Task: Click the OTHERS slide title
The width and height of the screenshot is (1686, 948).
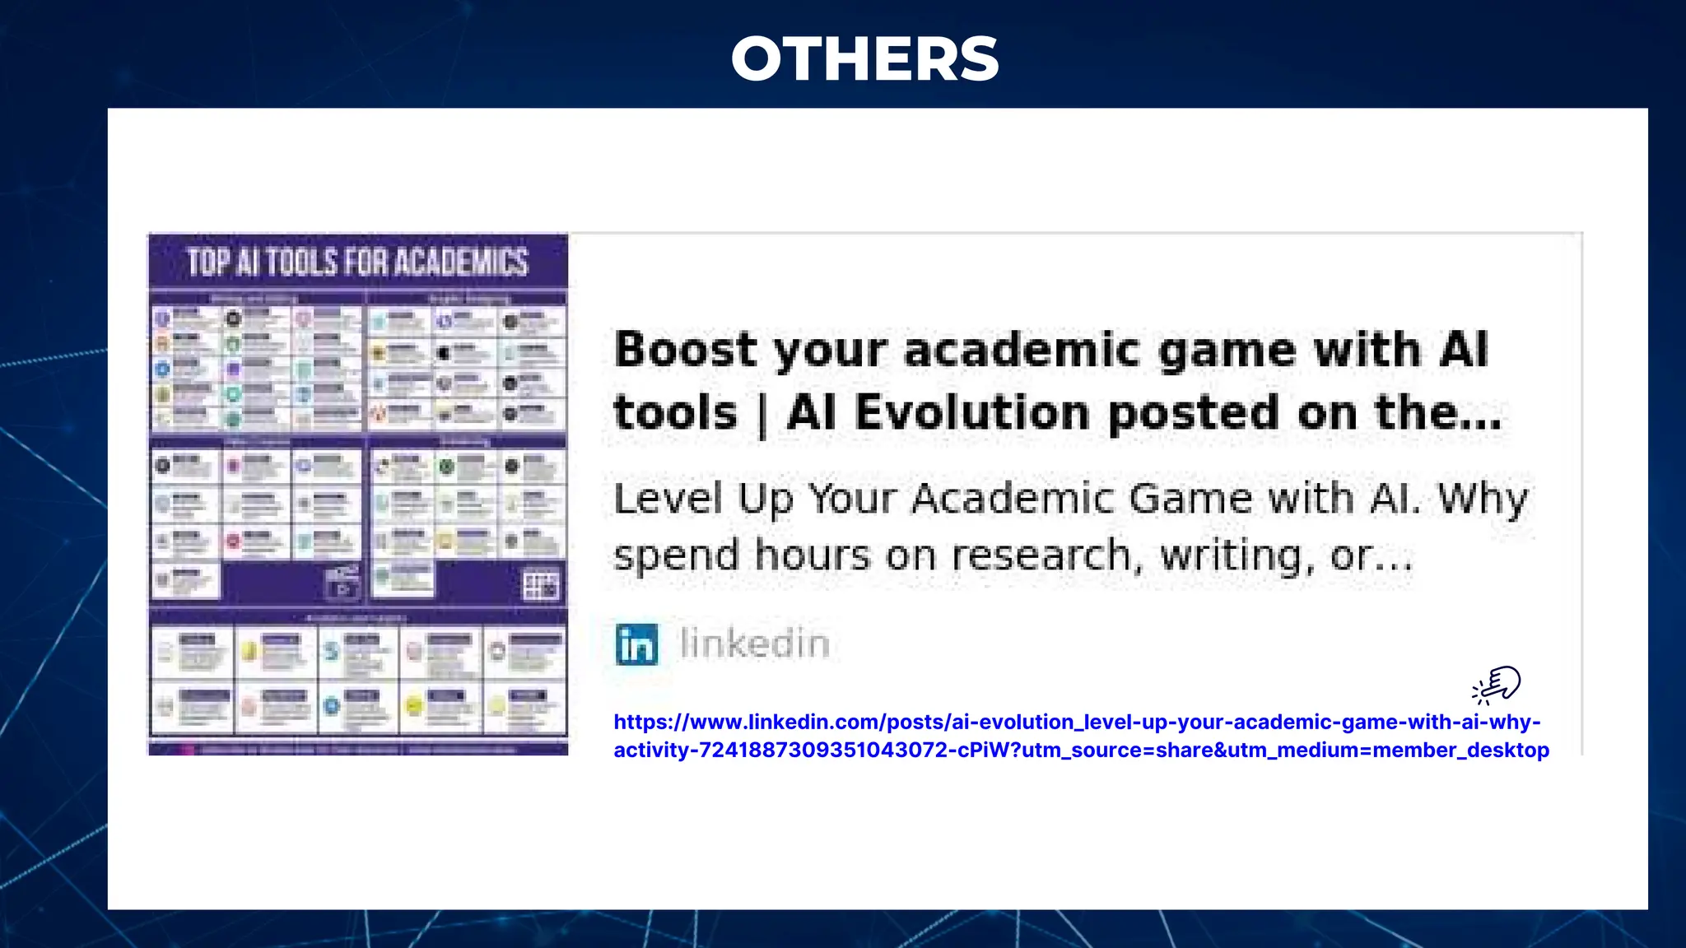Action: [864, 59]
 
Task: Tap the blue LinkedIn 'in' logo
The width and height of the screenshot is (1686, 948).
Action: [636, 644]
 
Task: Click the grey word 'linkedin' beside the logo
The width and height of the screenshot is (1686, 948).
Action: [755, 644]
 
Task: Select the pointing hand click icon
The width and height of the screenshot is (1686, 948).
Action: [1497, 685]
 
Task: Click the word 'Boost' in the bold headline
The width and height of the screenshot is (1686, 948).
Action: [684, 350]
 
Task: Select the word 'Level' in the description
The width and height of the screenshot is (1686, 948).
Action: [668, 499]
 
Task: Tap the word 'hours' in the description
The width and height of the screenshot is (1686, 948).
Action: [813, 555]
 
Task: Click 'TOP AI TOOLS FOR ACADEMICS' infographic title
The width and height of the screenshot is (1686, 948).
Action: [357, 262]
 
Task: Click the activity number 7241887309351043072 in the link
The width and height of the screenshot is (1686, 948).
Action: [823, 750]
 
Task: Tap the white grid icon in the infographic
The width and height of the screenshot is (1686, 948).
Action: [541, 586]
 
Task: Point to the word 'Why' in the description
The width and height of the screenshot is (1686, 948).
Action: [1483, 499]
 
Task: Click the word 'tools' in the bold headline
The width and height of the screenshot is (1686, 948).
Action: [675, 412]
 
